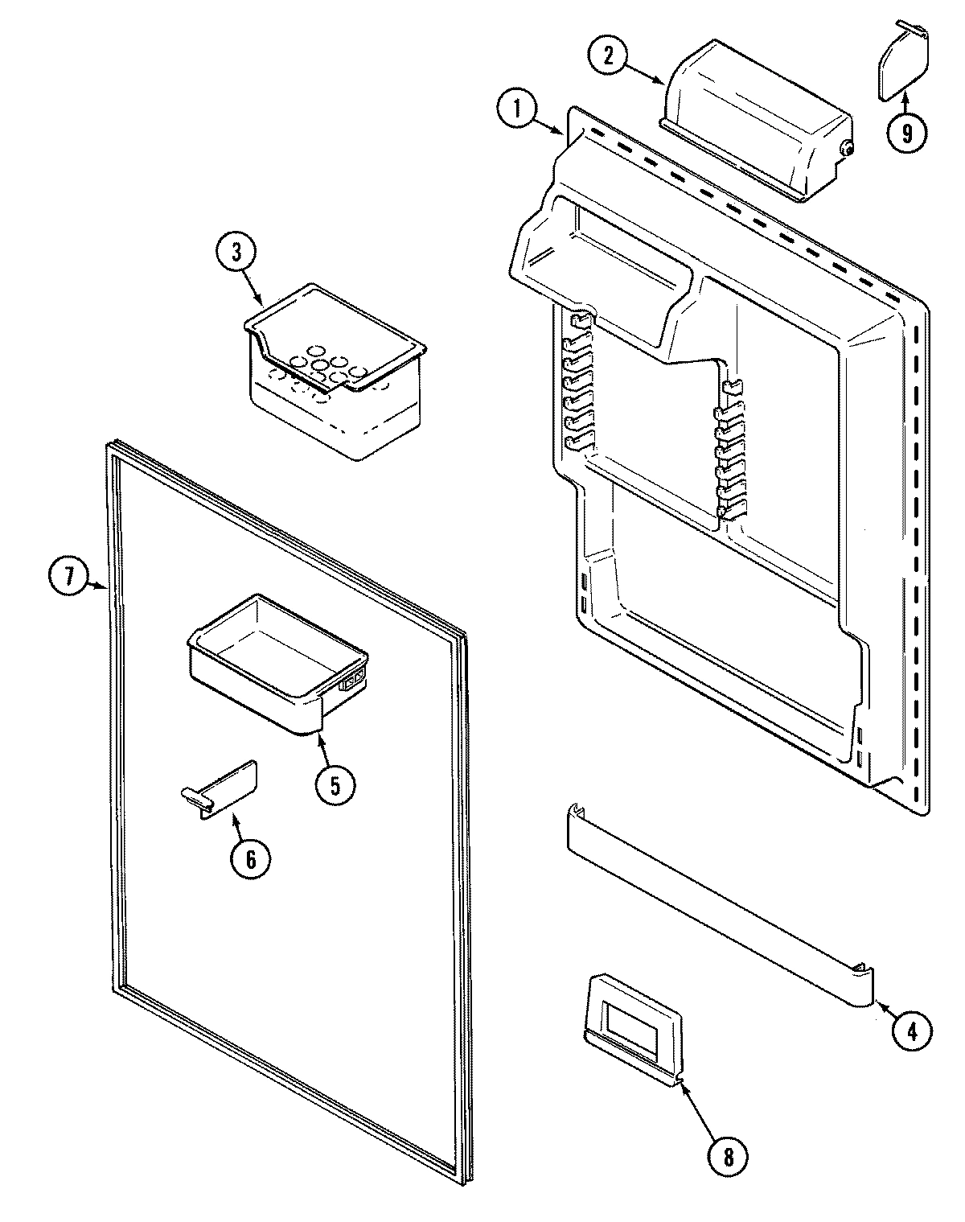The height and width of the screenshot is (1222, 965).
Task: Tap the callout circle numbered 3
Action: [236, 253]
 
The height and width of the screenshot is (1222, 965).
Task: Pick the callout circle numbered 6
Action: [250, 859]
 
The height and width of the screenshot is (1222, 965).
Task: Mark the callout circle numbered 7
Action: [69, 576]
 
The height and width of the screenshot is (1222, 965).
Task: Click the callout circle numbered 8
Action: [728, 1157]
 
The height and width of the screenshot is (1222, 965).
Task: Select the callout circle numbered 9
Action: [908, 132]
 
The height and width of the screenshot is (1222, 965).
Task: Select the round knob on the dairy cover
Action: [845, 148]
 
